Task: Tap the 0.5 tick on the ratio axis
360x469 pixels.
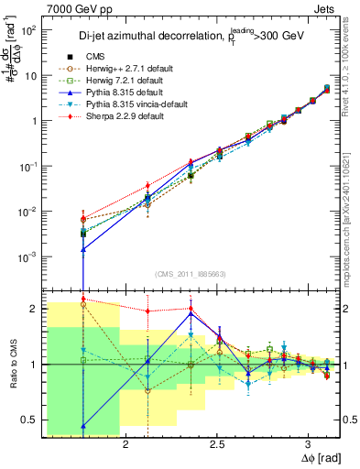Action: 31,420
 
